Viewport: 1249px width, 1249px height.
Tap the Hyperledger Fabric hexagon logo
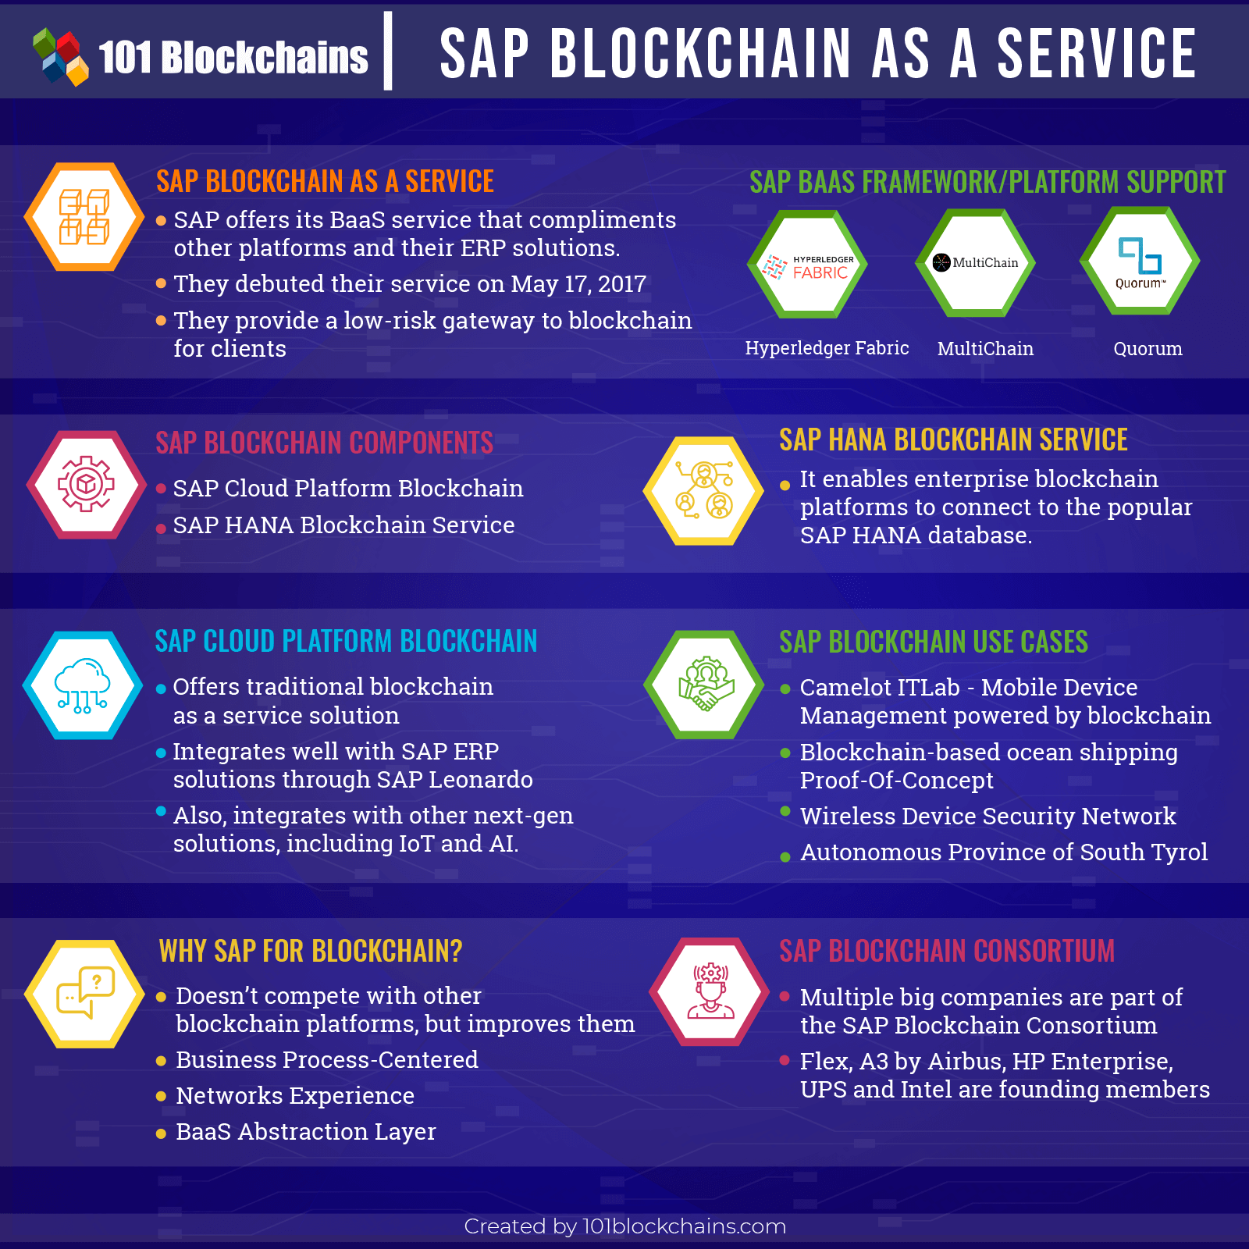coord(807,264)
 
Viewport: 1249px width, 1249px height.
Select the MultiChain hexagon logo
coord(975,262)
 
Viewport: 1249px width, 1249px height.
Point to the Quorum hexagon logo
coord(1140,261)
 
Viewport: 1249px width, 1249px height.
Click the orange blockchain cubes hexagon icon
coord(84,217)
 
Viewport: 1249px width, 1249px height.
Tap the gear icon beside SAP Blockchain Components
coord(86,485)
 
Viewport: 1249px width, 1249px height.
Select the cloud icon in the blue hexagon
coord(83,685)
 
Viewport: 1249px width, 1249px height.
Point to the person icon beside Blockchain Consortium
coord(710,991)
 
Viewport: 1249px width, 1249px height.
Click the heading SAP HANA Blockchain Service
coord(953,440)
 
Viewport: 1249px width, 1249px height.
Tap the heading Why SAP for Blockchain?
coord(311,951)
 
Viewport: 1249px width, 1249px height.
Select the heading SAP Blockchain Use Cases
coord(934,642)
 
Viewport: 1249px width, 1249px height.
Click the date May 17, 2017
coord(578,284)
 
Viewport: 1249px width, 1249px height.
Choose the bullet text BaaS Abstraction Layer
coord(306,1132)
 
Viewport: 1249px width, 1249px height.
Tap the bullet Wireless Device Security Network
coord(988,816)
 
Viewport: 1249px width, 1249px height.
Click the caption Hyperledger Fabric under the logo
coord(827,348)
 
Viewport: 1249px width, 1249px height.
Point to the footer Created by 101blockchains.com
coord(624,1226)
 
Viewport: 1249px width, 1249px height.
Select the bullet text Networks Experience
coord(295,1096)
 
